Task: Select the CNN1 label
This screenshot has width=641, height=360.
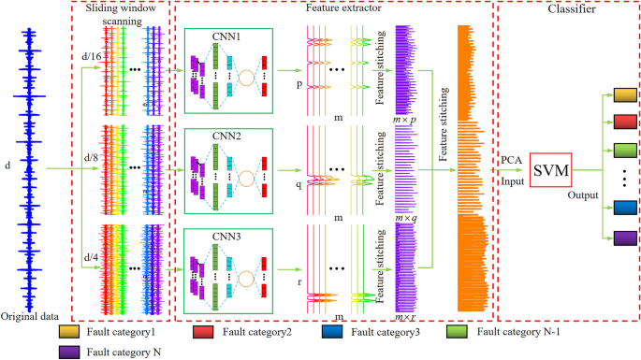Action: tap(226, 36)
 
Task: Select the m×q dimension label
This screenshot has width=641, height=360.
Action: tap(406, 217)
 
